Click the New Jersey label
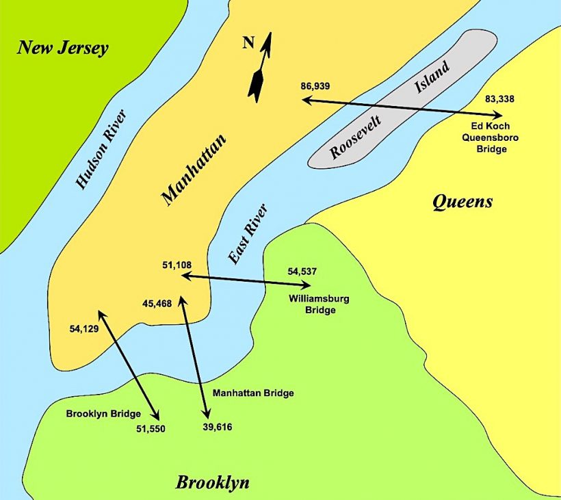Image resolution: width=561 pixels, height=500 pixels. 63,48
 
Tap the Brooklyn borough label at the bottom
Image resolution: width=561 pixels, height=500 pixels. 212,482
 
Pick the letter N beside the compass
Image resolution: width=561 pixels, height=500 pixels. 248,44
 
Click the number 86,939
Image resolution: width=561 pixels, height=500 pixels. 315,86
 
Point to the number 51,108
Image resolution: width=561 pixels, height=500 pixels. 177,264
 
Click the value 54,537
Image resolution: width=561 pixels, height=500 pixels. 302,272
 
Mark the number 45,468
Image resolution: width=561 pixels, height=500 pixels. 157,303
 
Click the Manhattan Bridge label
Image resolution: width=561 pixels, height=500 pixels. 253,393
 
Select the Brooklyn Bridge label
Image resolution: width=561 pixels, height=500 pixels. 103,413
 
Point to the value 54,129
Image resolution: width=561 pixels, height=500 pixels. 84,329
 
